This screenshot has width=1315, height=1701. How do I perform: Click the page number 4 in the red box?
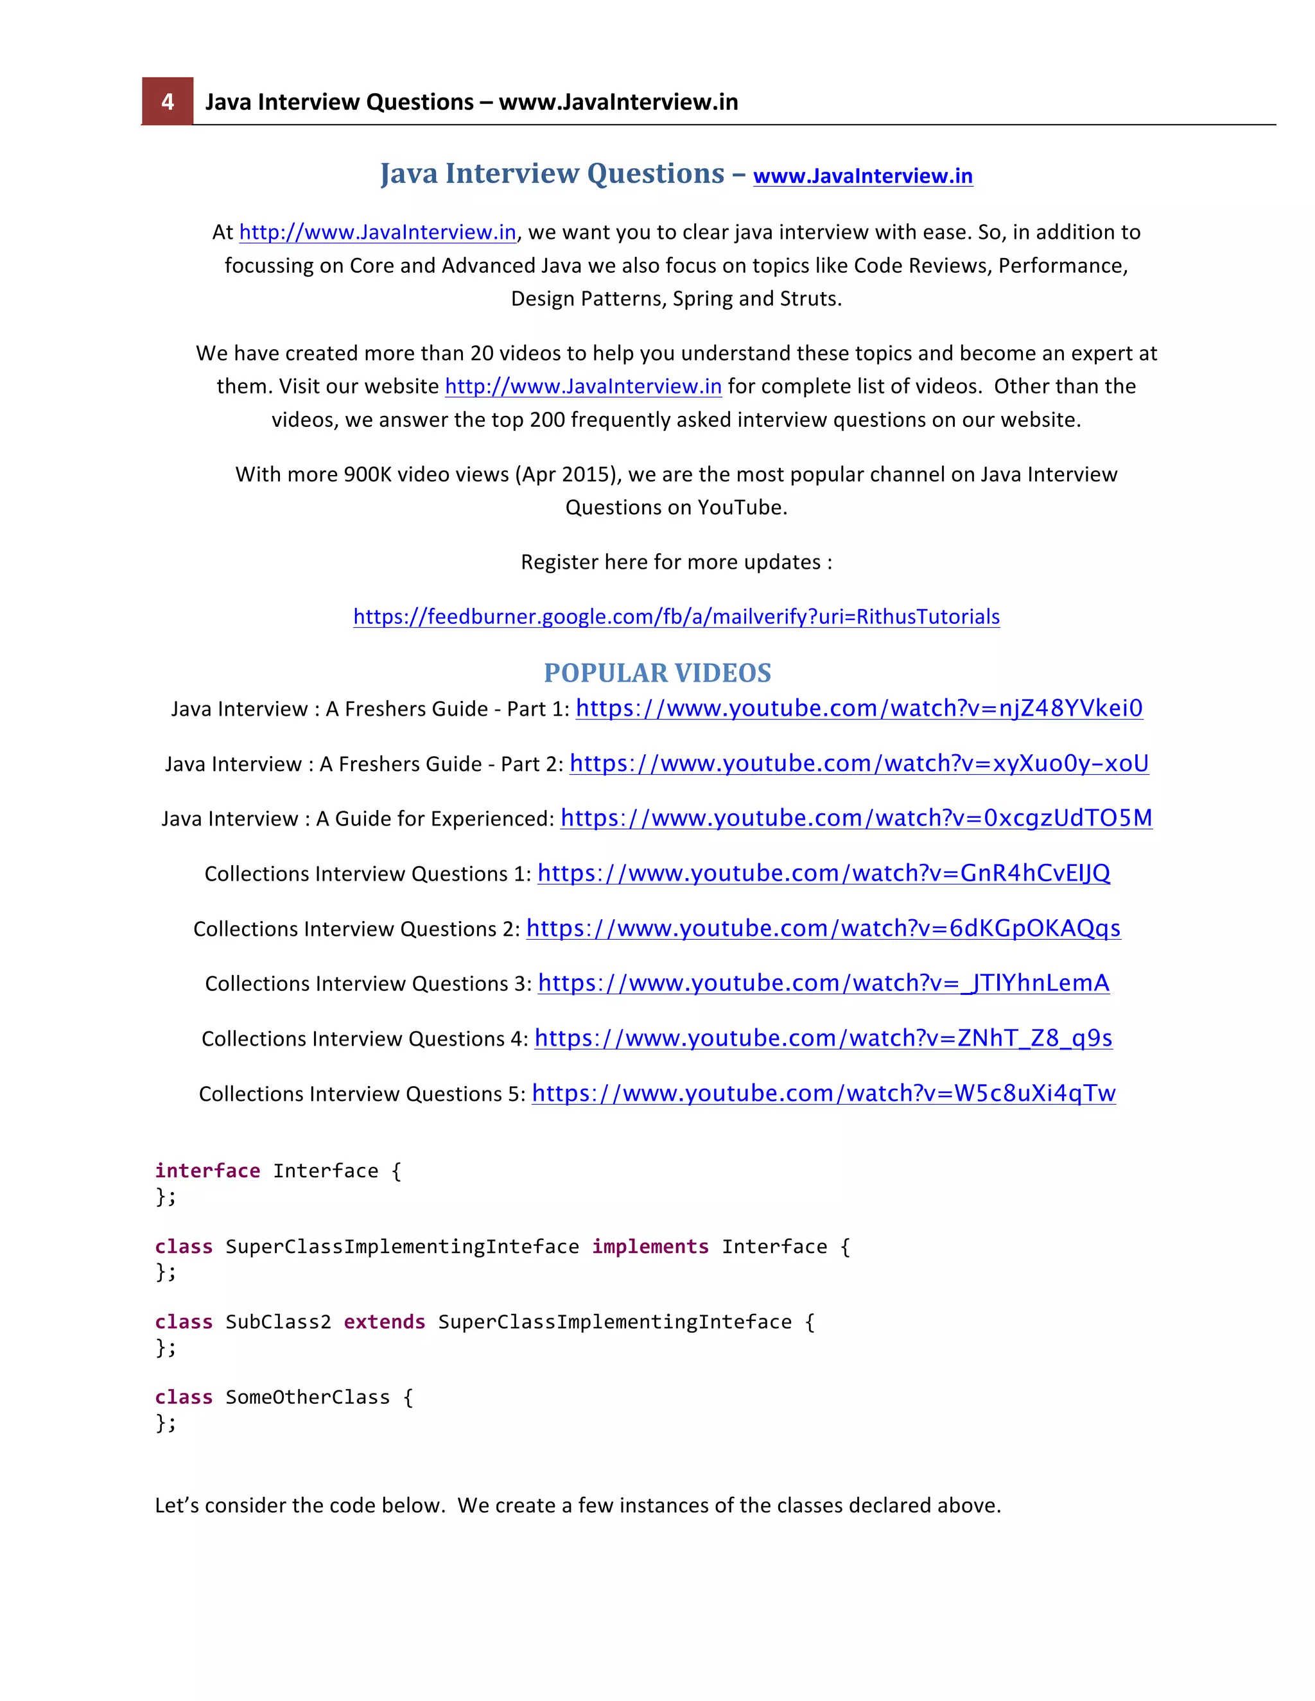167,101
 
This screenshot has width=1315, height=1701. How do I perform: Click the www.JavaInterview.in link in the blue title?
862,176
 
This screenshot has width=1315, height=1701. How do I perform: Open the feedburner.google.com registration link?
676,617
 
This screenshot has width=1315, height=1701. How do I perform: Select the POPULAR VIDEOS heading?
657,673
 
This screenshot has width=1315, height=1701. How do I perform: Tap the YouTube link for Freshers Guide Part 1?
858,709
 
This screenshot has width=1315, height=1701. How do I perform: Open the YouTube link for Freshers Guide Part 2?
858,764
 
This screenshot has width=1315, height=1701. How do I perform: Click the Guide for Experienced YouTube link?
855,818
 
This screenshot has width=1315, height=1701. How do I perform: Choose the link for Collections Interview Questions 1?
823,874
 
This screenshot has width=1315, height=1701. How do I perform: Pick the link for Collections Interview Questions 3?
823,983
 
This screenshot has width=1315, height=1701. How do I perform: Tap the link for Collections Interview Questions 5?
823,1094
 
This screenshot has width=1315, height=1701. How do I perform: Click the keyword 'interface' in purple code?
207,1171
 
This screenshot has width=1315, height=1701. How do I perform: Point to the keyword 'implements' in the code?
650,1247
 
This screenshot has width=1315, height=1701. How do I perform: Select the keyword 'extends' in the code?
384,1322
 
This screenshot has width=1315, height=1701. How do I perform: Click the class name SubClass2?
278,1322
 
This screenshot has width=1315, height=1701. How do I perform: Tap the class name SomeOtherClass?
308,1398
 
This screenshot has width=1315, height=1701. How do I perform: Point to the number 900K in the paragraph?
368,475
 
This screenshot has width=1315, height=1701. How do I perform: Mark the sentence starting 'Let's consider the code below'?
577,1505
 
